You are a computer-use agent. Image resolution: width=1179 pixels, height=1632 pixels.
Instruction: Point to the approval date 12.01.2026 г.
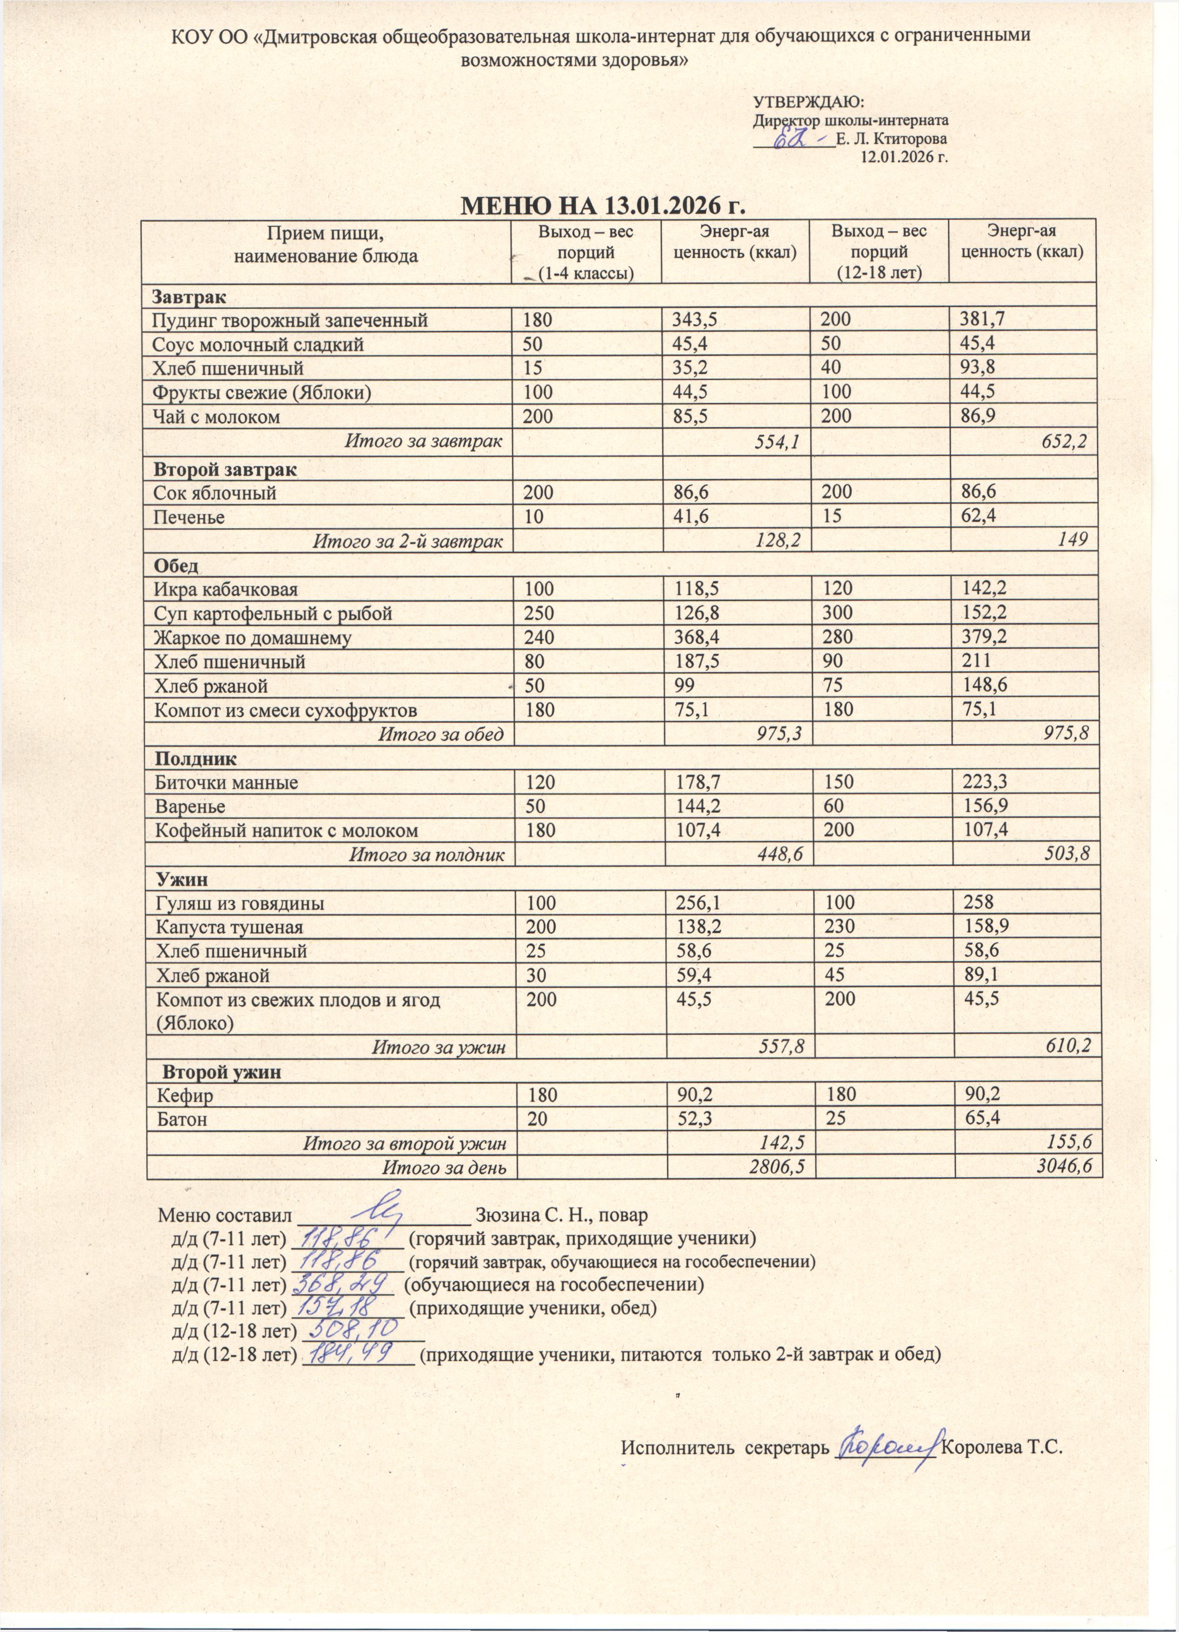(903, 157)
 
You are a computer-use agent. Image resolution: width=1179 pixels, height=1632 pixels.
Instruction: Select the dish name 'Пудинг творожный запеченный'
(290, 321)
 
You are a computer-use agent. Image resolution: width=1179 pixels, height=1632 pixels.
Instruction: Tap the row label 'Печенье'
(188, 517)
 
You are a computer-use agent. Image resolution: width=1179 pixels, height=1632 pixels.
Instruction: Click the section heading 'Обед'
(176, 566)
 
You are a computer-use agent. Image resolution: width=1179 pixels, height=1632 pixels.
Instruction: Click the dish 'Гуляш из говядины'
(240, 903)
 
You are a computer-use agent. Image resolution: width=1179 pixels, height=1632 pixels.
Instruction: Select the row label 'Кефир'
(186, 1096)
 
